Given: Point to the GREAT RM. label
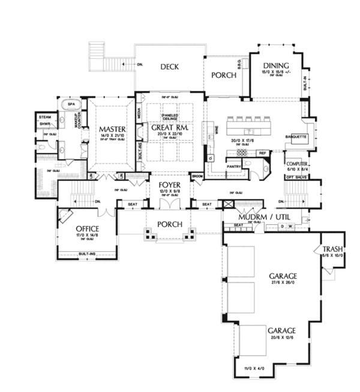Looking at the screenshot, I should coord(167,128).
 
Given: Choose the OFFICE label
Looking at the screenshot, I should coord(87,230).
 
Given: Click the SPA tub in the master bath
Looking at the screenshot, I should coord(71,104).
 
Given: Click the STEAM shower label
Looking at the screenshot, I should coord(44,117).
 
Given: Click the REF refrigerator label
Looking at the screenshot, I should coord(262,153).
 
